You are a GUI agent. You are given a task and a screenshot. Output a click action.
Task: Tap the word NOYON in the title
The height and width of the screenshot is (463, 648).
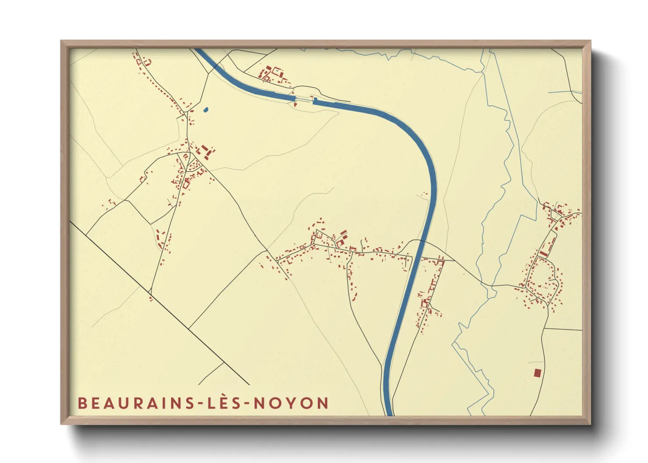coord(291,403)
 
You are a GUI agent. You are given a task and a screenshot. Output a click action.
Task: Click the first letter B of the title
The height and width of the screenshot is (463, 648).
coord(82,403)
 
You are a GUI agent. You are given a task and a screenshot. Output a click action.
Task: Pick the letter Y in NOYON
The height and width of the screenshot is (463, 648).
coord(291,403)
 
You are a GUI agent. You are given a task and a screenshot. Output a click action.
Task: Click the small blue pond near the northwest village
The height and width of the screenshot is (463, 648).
coord(206,110)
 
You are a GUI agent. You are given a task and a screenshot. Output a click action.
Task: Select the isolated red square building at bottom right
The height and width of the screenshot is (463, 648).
coord(537,373)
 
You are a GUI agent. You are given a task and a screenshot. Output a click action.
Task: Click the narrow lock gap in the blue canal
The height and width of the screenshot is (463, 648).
coord(304,101)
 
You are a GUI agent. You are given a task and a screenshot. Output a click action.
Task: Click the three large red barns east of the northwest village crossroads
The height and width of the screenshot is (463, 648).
coord(205,152)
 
